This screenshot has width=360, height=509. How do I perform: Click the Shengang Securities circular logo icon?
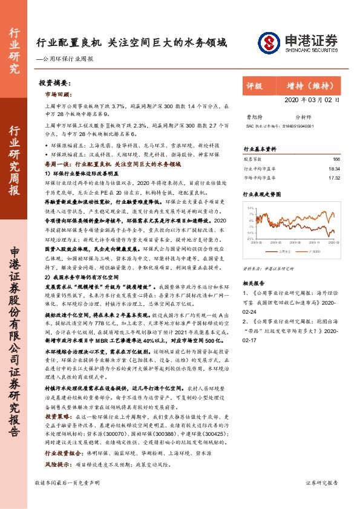[x=267, y=42]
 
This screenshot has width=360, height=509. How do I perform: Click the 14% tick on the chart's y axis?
[x=250, y=207]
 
